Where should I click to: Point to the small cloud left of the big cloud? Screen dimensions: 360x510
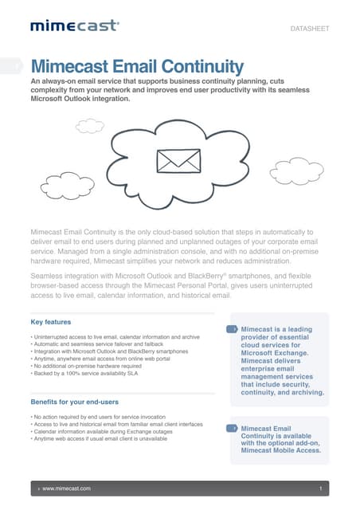[x=89, y=125]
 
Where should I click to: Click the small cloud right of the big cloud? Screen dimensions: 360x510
[x=295, y=170]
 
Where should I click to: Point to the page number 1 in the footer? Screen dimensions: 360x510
[x=319, y=487]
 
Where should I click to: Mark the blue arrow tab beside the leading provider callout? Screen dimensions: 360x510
[x=232, y=328]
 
